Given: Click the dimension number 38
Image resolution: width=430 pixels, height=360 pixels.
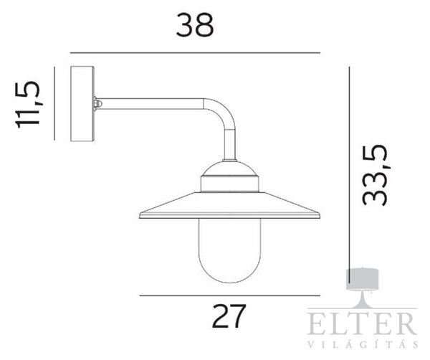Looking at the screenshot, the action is click(x=195, y=25).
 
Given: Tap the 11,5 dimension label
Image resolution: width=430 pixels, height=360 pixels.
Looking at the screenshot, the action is click(x=28, y=105).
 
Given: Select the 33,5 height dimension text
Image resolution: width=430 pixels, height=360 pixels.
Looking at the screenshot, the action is click(x=375, y=175).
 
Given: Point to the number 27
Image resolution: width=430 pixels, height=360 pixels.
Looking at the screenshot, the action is click(x=229, y=316).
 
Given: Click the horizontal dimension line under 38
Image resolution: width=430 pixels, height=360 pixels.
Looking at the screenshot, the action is click(x=195, y=52).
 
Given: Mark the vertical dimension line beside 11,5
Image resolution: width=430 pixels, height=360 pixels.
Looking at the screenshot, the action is click(x=54, y=103).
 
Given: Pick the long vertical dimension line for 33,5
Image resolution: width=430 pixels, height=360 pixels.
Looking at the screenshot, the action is click(x=349, y=174).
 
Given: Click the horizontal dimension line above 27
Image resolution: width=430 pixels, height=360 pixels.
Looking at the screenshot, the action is click(x=230, y=295).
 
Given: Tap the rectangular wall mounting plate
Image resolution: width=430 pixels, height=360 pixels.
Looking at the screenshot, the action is click(x=82, y=104).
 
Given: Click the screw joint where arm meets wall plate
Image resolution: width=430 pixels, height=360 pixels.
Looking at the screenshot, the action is click(x=97, y=104).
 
